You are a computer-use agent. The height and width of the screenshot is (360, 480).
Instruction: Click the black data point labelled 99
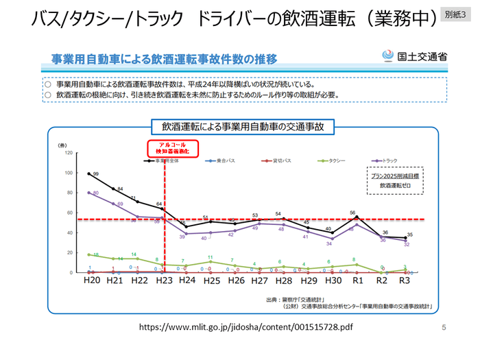(89, 173)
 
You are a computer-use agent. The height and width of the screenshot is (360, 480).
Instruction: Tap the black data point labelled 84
(112, 189)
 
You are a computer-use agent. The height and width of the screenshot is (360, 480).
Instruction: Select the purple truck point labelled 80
(89, 193)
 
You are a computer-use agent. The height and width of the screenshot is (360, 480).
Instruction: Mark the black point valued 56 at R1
(356, 217)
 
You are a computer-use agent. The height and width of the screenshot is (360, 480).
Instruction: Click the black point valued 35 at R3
(406, 238)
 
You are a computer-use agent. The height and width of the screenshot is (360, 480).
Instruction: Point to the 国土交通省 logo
(415, 57)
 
